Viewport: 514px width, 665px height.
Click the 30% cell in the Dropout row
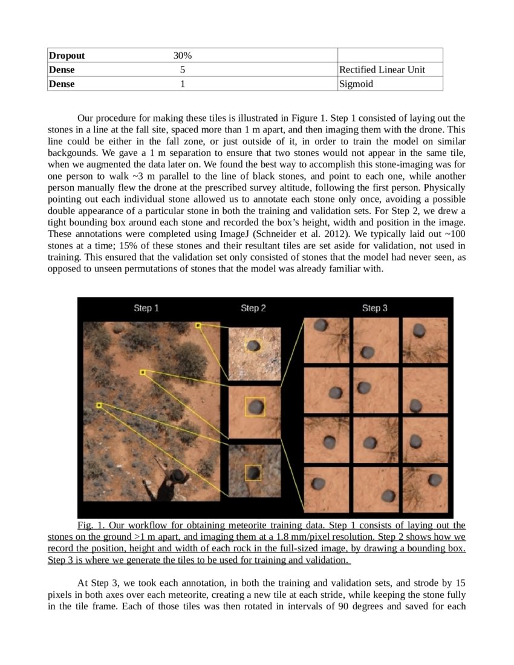click(182, 56)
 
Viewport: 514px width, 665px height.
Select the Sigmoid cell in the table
click(356, 84)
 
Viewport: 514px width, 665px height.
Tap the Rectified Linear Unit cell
click(382, 70)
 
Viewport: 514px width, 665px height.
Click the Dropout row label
click(67, 56)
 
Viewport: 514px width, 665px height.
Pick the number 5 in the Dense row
click(182, 70)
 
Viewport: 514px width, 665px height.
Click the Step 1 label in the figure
click(146, 308)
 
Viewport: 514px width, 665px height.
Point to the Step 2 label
click(253, 308)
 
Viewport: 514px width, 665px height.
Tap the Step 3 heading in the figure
click(375, 308)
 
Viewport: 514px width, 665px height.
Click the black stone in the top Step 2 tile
click(255, 346)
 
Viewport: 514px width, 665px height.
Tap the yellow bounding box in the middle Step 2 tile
click(255, 406)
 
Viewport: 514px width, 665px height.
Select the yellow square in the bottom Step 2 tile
click(253, 472)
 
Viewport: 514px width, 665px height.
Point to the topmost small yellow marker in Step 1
click(198, 325)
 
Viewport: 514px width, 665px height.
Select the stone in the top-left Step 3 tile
click(321, 325)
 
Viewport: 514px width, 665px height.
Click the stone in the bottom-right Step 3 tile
click(434, 480)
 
